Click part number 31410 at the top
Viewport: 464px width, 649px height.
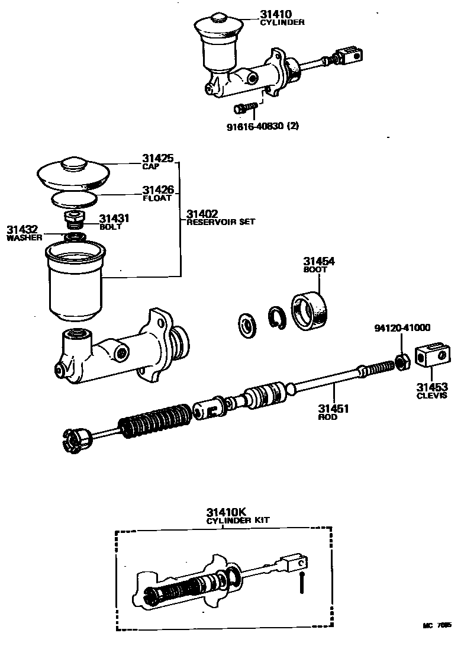coord(274,14)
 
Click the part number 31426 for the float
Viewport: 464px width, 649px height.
coord(157,190)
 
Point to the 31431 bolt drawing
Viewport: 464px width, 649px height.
coord(73,219)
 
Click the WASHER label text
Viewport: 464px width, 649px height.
coord(24,238)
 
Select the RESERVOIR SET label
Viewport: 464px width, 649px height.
coord(221,222)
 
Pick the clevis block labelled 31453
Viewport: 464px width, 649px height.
coord(431,360)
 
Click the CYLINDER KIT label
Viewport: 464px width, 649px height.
coord(238,520)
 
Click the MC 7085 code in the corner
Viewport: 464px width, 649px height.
coord(436,625)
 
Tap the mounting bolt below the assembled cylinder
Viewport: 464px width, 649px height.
coord(244,108)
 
